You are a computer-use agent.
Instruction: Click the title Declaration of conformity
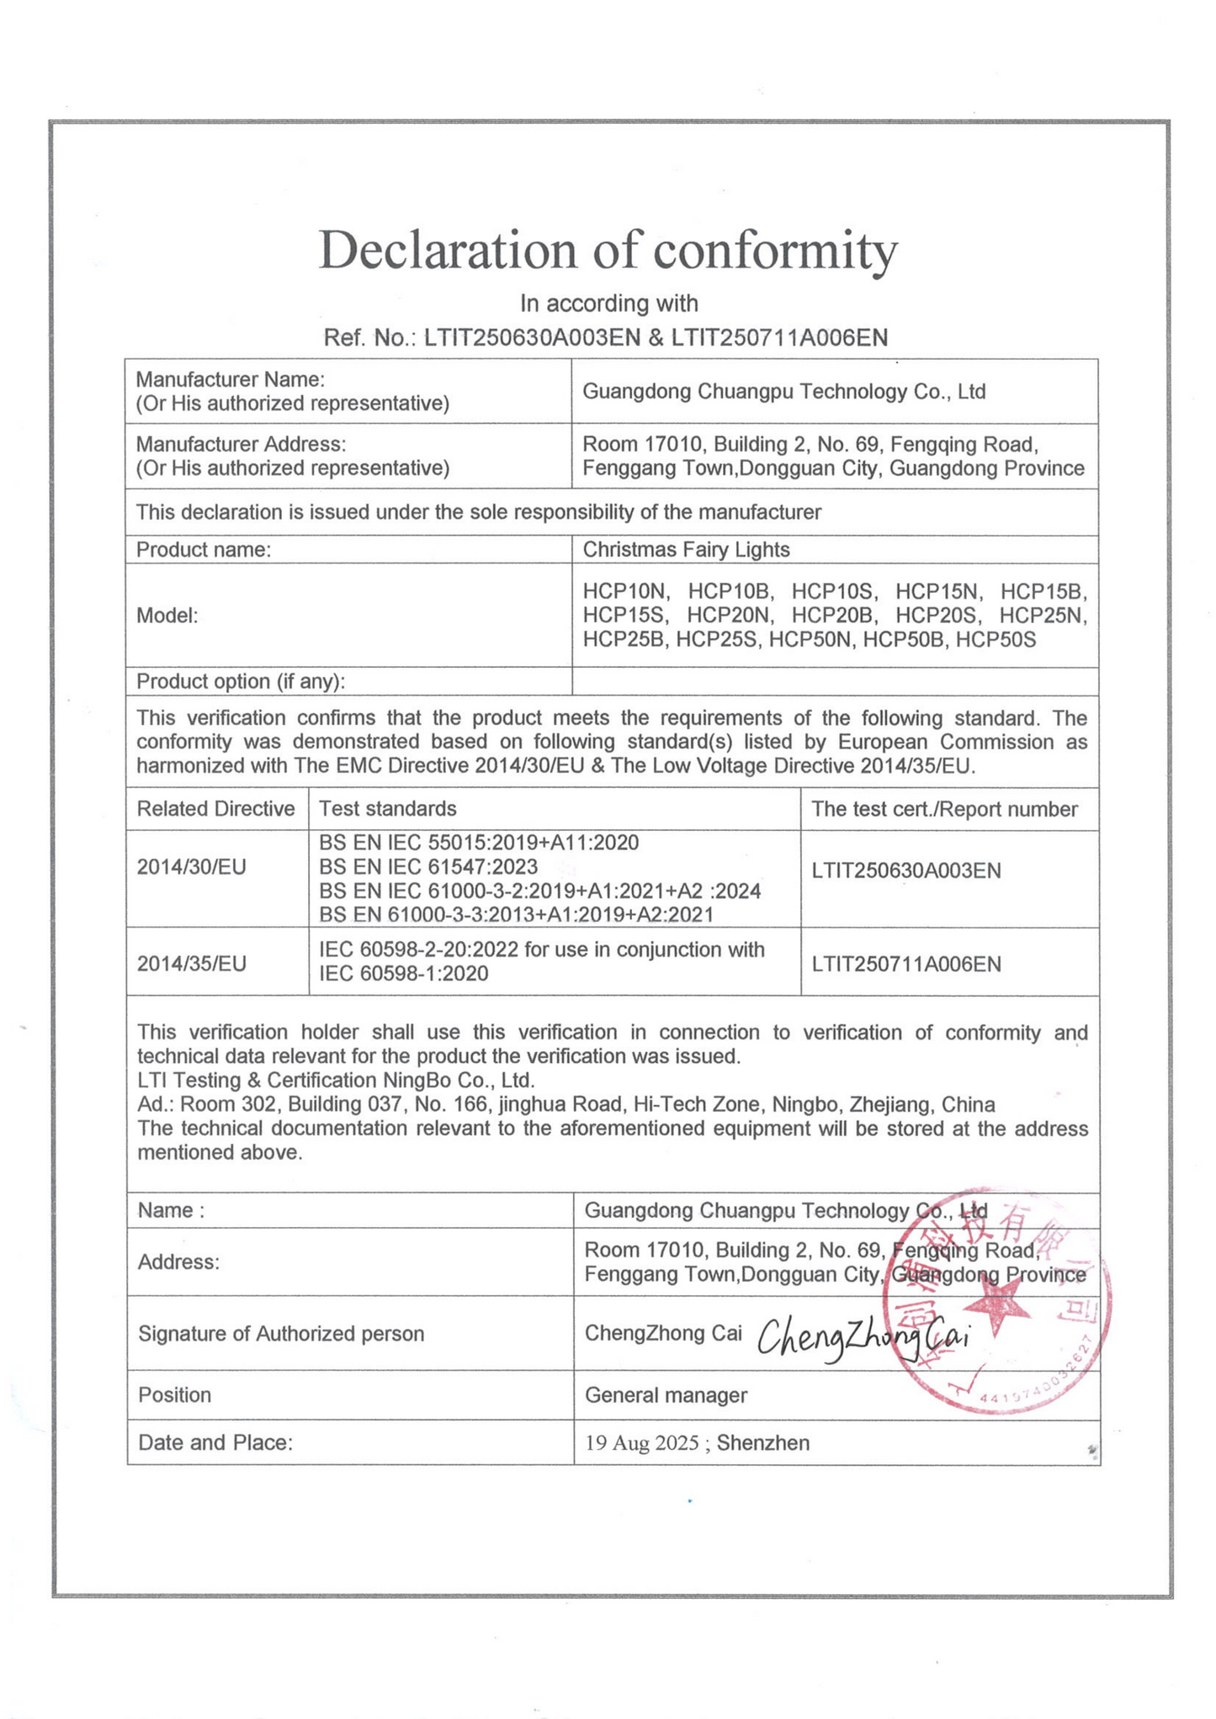[608, 251]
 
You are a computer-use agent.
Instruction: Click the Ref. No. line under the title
[605, 338]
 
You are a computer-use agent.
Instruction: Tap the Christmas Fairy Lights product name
[686, 550]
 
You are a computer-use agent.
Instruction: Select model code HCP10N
[625, 592]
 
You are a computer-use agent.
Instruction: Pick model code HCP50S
[996, 640]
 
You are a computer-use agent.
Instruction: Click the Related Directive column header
[215, 809]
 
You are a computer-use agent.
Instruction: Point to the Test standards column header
[387, 809]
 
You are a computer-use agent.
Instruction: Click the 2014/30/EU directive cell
[192, 867]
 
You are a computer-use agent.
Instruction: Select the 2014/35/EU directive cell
[192, 964]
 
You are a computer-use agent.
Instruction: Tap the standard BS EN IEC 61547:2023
[428, 867]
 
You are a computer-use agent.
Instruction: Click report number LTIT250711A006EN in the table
[906, 965]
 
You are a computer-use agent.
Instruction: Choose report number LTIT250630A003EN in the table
[906, 871]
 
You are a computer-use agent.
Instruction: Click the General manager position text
[666, 1396]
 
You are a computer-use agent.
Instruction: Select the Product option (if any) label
[241, 682]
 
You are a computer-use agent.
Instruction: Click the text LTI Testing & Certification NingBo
[336, 1081]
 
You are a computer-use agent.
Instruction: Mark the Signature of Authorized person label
[281, 1335]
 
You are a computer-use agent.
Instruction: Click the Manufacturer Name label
[231, 380]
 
